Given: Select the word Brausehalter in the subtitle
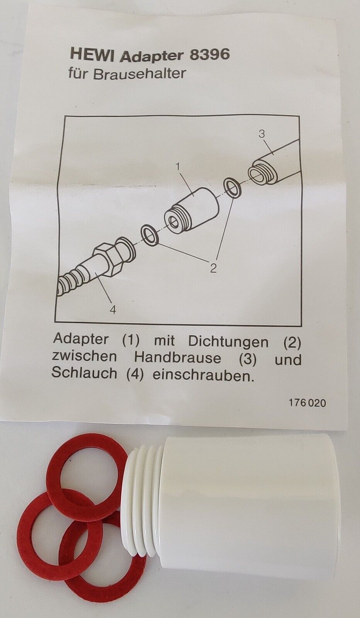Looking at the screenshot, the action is pos(139,74).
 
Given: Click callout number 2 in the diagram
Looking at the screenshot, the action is pos(213,268).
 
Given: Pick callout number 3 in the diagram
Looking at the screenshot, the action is pos(262,134).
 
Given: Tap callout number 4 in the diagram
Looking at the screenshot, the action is pos(113,310).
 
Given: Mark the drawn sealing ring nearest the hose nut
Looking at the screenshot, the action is pos(149,235).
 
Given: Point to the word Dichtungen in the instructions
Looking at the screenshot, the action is pos(228,342).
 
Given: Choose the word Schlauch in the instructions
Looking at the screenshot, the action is pos(84,373).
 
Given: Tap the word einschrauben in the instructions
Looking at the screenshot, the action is pos(203,375).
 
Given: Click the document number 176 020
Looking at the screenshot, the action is pos(307,403).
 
